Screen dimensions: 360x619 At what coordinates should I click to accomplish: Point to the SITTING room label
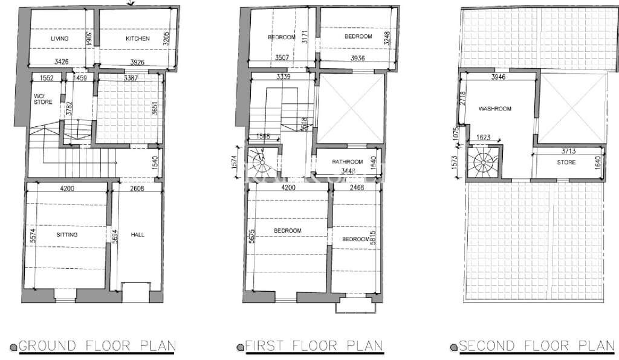pos(66,234)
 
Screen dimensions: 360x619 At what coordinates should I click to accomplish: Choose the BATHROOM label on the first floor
pos(347,162)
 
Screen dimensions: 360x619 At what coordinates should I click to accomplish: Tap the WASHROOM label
pos(495,109)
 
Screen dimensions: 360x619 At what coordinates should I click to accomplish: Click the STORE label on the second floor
pos(566,162)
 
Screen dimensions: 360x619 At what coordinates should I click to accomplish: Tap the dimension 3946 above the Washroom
pos(498,78)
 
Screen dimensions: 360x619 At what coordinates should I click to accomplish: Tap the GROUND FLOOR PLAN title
pos(97,346)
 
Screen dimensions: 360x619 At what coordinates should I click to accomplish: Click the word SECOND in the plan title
pos(486,346)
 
